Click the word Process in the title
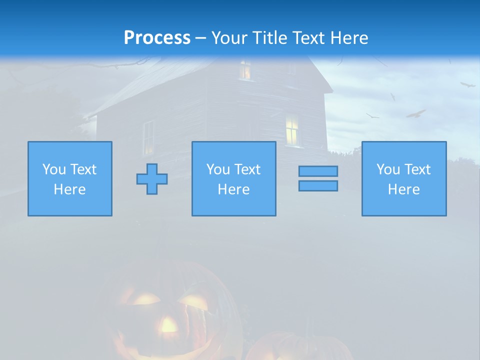click(x=157, y=38)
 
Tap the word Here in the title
click(x=347, y=38)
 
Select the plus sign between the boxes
click(x=152, y=179)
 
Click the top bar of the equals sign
click(x=318, y=171)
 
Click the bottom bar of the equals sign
click(x=318, y=185)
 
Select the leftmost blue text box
click(x=70, y=178)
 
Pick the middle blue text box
click(x=234, y=178)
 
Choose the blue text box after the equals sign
click(x=404, y=178)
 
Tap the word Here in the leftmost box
click(x=70, y=189)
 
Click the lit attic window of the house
click(x=245, y=70)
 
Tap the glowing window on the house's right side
click(x=292, y=130)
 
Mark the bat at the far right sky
click(x=467, y=84)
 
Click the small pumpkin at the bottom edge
click(x=295, y=347)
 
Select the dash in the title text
click(x=201, y=38)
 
